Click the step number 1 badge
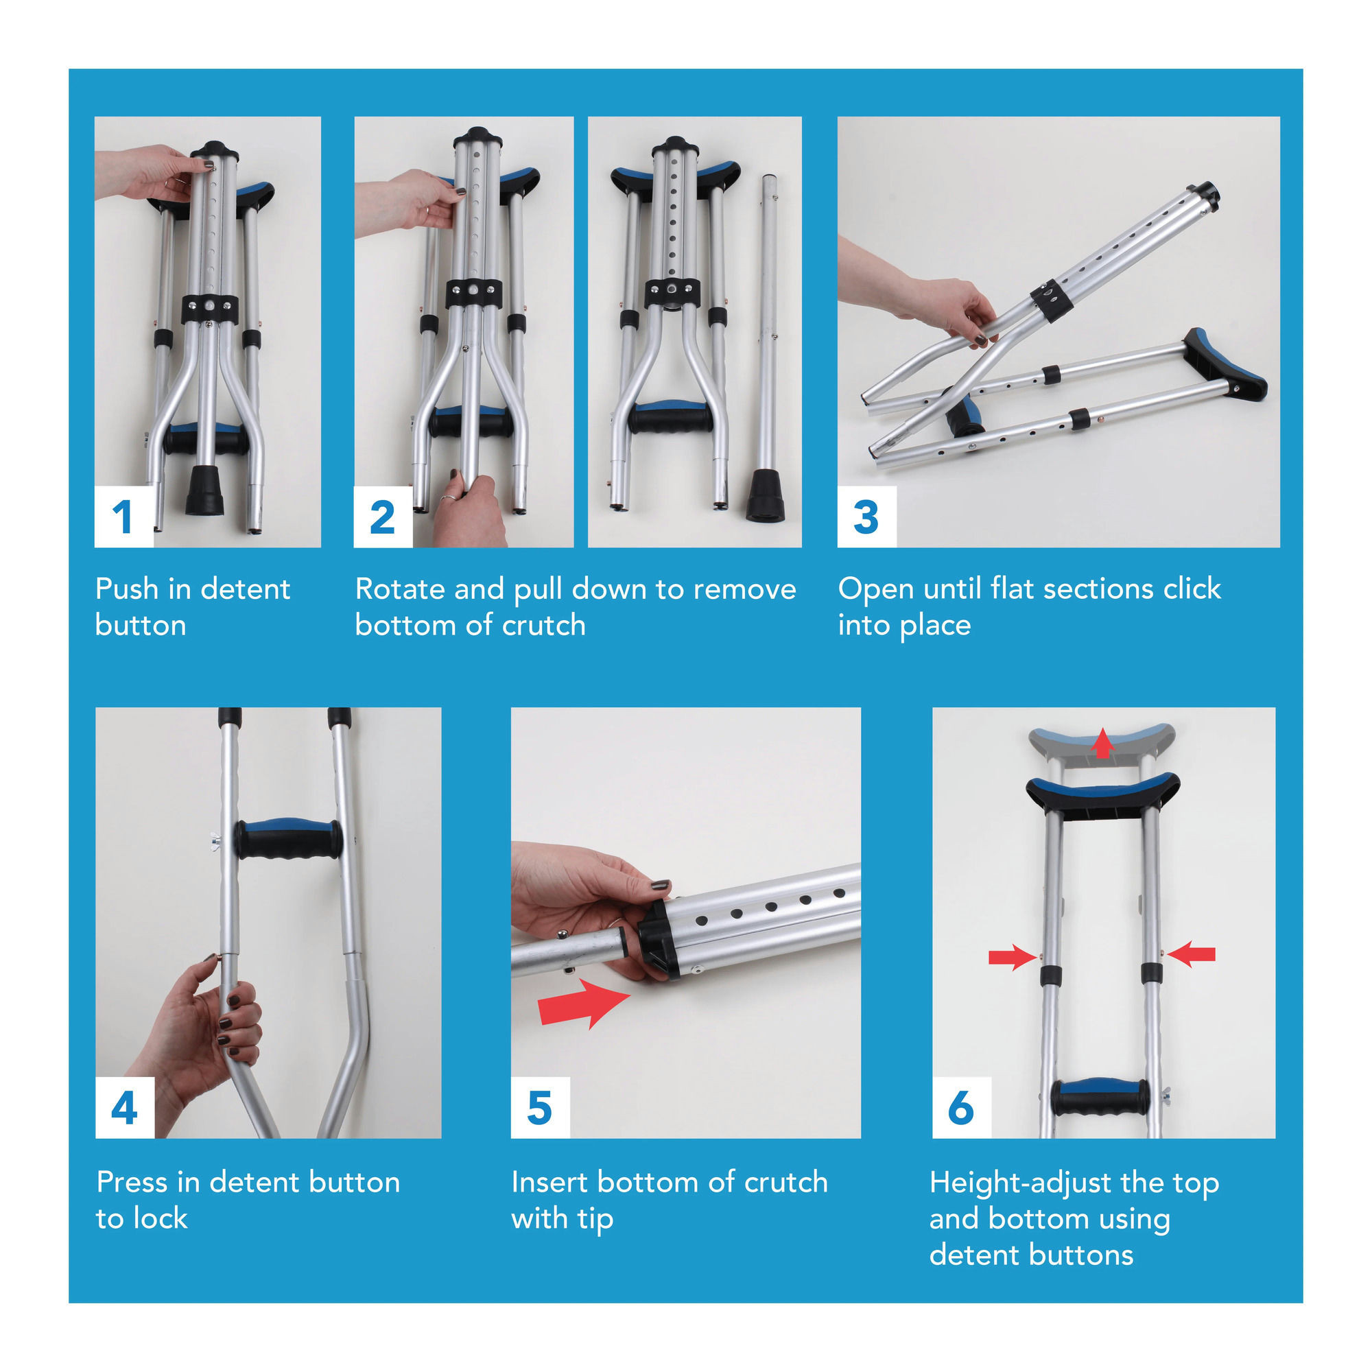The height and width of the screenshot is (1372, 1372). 123,517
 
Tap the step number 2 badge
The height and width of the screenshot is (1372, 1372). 383,517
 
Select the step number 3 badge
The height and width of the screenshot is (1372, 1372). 866,517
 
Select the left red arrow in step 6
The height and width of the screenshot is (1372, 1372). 1011,957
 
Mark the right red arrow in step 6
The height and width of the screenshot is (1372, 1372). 1192,954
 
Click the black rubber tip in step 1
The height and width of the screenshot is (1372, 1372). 204,490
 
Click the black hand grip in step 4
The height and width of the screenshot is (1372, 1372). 287,840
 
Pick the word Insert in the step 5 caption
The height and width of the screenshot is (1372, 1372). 549,1183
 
